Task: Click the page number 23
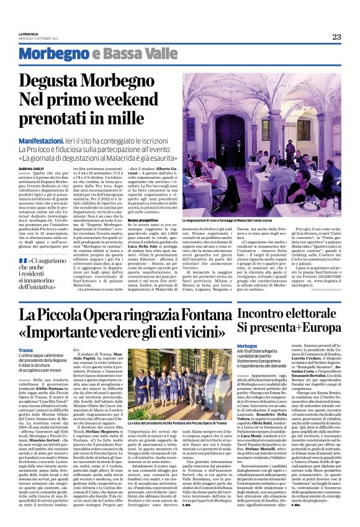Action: click(336, 37)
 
